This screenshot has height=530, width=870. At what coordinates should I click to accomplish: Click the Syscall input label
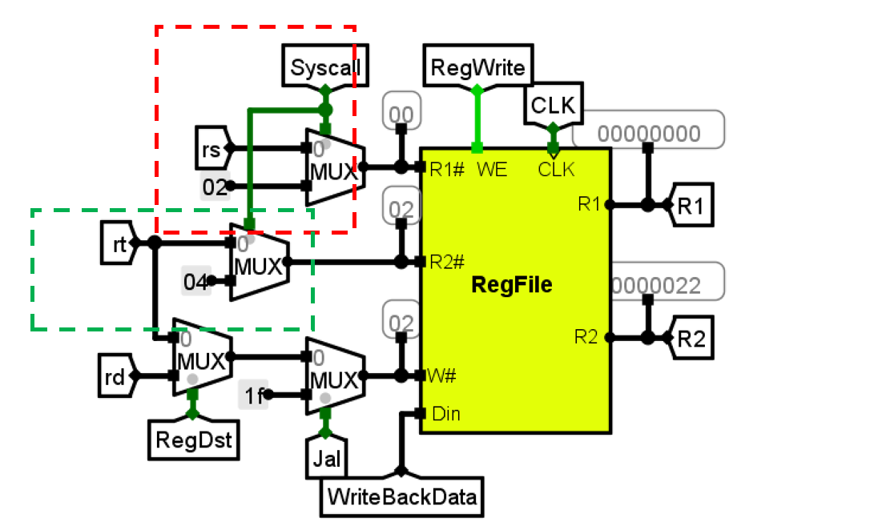pos(325,67)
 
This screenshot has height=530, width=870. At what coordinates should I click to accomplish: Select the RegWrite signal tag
pos(477,67)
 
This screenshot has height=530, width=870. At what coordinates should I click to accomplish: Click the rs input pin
pos(212,147)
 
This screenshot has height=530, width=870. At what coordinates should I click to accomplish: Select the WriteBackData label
pos(401,497)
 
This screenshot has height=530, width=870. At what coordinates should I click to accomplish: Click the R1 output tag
pos(690,205)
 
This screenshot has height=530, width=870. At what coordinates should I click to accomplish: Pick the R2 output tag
pos(690,338)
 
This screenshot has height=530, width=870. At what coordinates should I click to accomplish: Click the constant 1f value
pos(252,395)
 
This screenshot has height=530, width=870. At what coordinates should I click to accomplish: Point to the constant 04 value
pos(196,281)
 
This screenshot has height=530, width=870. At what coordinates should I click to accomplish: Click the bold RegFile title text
pos(513,284)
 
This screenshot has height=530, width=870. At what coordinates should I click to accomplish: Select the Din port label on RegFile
pos(445,414)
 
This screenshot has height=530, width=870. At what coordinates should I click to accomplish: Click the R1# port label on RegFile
pos(446,169)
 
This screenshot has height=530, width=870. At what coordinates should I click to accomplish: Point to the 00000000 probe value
pos(648,133)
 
